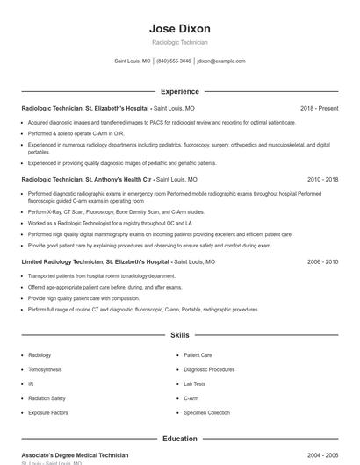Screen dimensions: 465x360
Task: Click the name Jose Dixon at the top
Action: (180, 28)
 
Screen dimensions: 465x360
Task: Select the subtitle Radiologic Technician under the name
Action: (180, 42)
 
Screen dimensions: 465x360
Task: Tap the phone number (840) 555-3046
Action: (174, 61)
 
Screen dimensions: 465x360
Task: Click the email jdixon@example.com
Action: (221, 61)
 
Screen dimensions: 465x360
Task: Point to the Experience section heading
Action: (180, 91)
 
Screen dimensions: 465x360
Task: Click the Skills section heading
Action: (180, 335)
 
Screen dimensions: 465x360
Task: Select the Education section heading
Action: (180, 438)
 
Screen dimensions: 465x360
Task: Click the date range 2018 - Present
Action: (319, 108)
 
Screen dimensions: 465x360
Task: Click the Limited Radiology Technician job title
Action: (95, 261)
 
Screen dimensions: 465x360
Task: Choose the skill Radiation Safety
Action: (47, 398)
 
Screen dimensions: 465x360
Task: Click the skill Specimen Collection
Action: (207, 412)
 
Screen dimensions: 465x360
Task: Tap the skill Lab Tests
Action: (195, 383)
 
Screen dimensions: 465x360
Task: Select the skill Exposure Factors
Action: (47, 412)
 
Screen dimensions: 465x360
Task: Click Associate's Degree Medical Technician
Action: (75, 455)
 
